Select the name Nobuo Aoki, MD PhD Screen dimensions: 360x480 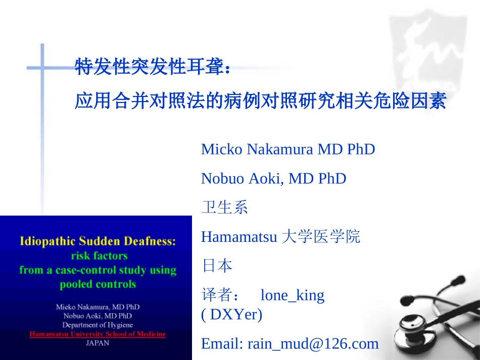(x=273, y=178)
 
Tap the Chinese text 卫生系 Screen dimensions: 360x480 (x=224, y=207)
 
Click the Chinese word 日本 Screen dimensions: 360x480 (x=217, y=265)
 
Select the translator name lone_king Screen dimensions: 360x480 (x=292, y=295)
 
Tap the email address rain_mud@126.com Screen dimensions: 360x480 (x=313, y=343)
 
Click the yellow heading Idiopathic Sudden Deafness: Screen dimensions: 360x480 (x=98, y=241)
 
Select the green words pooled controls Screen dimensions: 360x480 (x=98, y=284)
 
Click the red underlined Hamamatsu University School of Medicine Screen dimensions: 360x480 (x=98, y=334)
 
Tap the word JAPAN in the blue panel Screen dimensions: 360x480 (x=98, y=343)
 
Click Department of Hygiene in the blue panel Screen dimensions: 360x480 (x=98, y=325)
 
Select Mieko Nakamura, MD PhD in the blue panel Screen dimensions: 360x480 (x=98, y=306)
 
